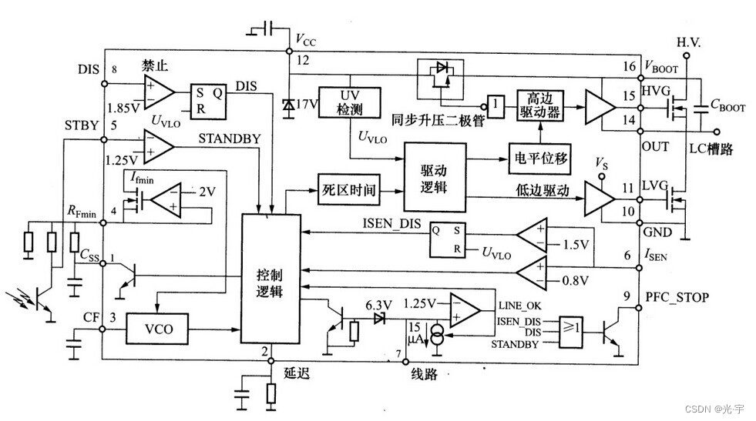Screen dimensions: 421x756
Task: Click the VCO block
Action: (157, 329)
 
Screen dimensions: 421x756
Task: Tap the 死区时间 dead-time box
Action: (349, 190)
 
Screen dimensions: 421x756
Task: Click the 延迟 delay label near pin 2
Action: (295, 373)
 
